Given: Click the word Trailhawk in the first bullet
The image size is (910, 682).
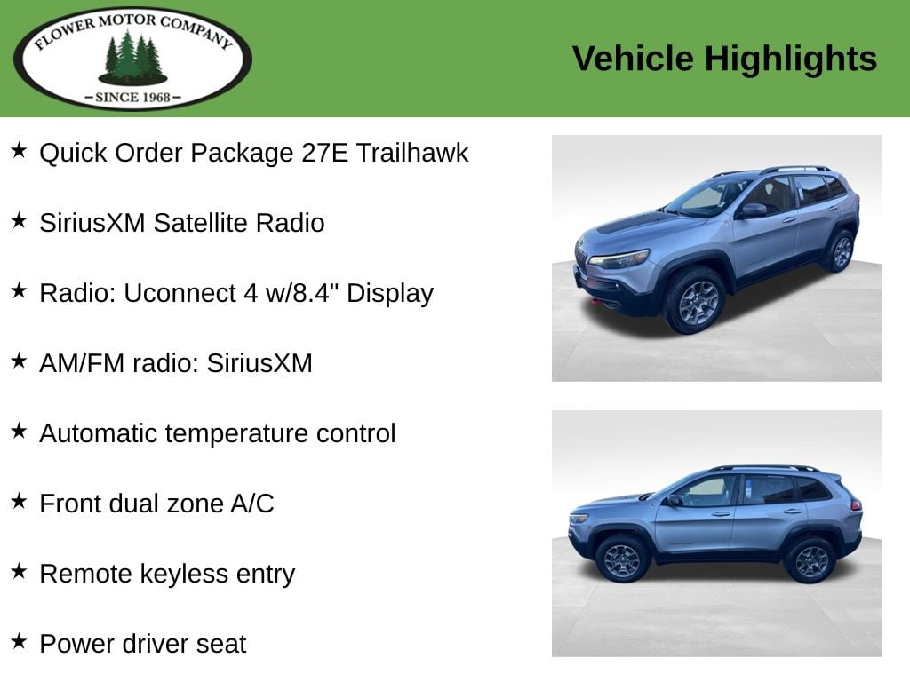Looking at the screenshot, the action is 412,153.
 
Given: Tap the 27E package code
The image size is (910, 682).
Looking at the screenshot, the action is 324,153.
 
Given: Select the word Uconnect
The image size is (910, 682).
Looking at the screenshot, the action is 180,293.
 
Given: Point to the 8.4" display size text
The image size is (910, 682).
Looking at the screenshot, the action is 314,293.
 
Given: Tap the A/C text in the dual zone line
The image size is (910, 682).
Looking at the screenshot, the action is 251,504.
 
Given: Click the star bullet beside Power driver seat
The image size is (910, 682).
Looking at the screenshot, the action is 19,641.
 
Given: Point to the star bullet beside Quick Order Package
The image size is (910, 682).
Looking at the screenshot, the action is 19,150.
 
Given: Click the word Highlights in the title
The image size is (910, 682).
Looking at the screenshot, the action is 790,59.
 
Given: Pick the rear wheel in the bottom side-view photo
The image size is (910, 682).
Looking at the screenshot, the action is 810,560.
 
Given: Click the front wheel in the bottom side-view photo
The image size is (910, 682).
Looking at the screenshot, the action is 622,559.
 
